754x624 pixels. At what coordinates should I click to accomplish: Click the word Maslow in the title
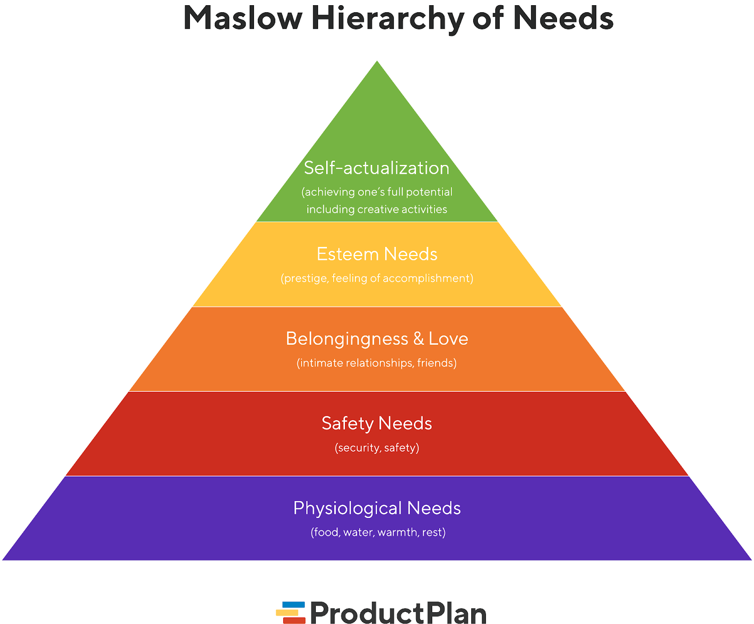tap(243, 18)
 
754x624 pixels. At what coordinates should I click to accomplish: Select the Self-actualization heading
tap(377, 168)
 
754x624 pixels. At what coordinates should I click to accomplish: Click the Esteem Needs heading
tap(377, 254)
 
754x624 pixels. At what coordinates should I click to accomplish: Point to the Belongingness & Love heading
tap(377, 339)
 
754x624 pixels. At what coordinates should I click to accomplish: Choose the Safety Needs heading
tap(377, 424)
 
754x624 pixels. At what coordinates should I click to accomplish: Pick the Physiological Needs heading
tap(377, 509)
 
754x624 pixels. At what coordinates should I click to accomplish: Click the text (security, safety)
tap(377, 447)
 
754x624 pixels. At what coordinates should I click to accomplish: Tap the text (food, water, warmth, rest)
tap(378, 532)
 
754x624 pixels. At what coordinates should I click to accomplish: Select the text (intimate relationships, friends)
tap(377, 363)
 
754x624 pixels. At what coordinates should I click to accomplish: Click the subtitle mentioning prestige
tap(377, 278)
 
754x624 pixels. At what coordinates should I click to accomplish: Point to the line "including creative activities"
tap(377, 209)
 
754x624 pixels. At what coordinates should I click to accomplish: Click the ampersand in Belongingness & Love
tap(418, 339)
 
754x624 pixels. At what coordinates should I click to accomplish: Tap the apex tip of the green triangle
tap(377, 61)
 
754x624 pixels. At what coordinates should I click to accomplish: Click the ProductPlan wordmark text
tap(398, 613)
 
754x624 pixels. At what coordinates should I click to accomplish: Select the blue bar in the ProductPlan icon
tap(294, 605)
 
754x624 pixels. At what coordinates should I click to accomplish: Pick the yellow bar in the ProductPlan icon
tap(287, 613)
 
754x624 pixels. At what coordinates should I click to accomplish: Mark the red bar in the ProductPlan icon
tap(294, 621)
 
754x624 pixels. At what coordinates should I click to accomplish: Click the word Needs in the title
tap(563, 18)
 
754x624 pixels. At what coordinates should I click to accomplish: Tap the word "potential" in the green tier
tap(429, 192)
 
